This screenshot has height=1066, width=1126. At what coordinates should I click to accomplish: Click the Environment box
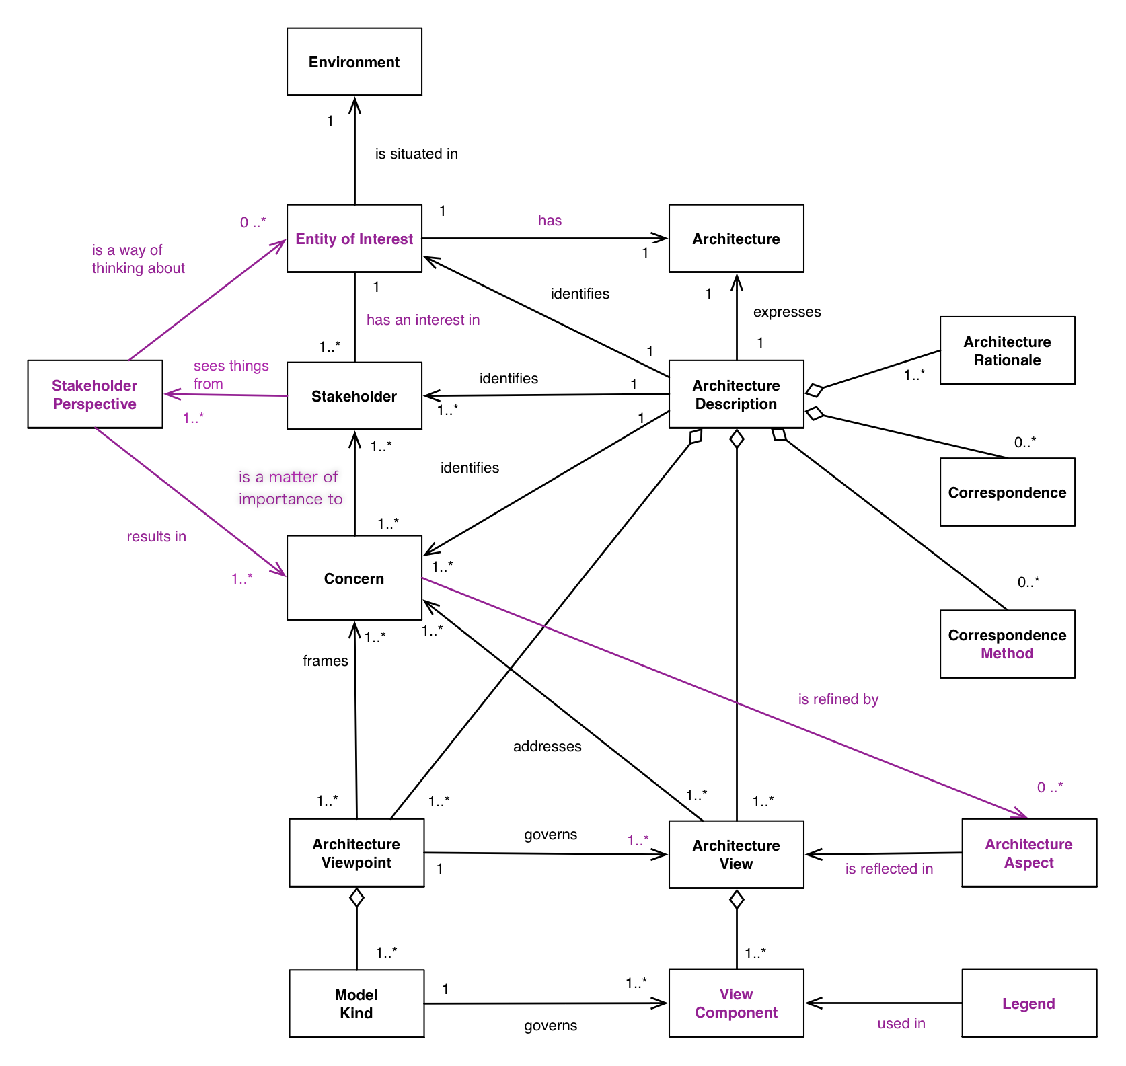[354, 62]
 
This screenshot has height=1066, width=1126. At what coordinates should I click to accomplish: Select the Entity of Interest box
[354, 239]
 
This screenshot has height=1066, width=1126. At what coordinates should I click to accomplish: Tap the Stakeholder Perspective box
[95, 394]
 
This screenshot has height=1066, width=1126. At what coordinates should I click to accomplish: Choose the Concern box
[354, 578]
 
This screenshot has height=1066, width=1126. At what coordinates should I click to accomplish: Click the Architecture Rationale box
[1007, 350]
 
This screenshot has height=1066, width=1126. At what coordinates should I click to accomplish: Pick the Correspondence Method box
[1007, 644]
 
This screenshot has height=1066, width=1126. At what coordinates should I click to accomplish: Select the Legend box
[1028, 1003]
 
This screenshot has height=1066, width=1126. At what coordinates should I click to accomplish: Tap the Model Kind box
[356, 1003]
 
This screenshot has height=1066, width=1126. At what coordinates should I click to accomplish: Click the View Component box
[736, 1003]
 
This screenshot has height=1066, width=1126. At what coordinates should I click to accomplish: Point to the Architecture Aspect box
[1028, 853]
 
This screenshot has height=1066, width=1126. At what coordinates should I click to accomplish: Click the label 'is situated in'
[416, 154]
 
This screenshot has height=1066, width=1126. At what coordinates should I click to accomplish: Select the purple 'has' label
[550, 221]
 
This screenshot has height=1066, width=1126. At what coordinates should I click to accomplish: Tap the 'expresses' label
[787, 312]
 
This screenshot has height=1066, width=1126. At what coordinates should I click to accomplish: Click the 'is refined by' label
[838, 699]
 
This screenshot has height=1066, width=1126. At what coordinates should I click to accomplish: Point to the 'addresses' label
[547, 747]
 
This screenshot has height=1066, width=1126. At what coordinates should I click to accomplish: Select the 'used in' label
[901, 1024]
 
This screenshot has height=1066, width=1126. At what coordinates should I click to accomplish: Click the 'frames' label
[325, 661]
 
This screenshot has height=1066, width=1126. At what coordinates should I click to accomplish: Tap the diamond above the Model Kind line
[356, 897]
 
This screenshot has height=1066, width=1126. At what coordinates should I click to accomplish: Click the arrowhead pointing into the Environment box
[354, 104]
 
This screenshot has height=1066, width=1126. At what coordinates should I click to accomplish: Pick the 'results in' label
[156, 537]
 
